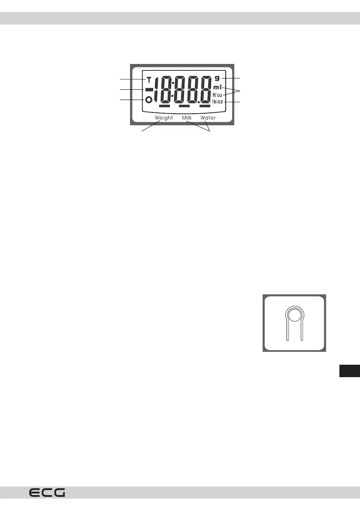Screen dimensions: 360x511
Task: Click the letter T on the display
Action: click(149, 80)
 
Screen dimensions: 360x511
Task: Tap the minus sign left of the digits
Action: click(149, 90)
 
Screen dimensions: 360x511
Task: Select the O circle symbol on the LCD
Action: click(149, 100)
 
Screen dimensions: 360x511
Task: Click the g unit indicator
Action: click(217, 78)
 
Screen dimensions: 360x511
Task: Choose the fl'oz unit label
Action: click(217, 95)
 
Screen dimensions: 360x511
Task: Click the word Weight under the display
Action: click(163, 118)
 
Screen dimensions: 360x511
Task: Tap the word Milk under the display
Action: click(187, 118)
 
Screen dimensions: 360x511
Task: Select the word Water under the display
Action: click(208, 118)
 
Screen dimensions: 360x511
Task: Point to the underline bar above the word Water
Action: click(205, 106)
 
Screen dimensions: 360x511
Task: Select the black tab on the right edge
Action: click(349, 370)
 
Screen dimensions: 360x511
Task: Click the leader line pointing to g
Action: click(231, 79)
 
